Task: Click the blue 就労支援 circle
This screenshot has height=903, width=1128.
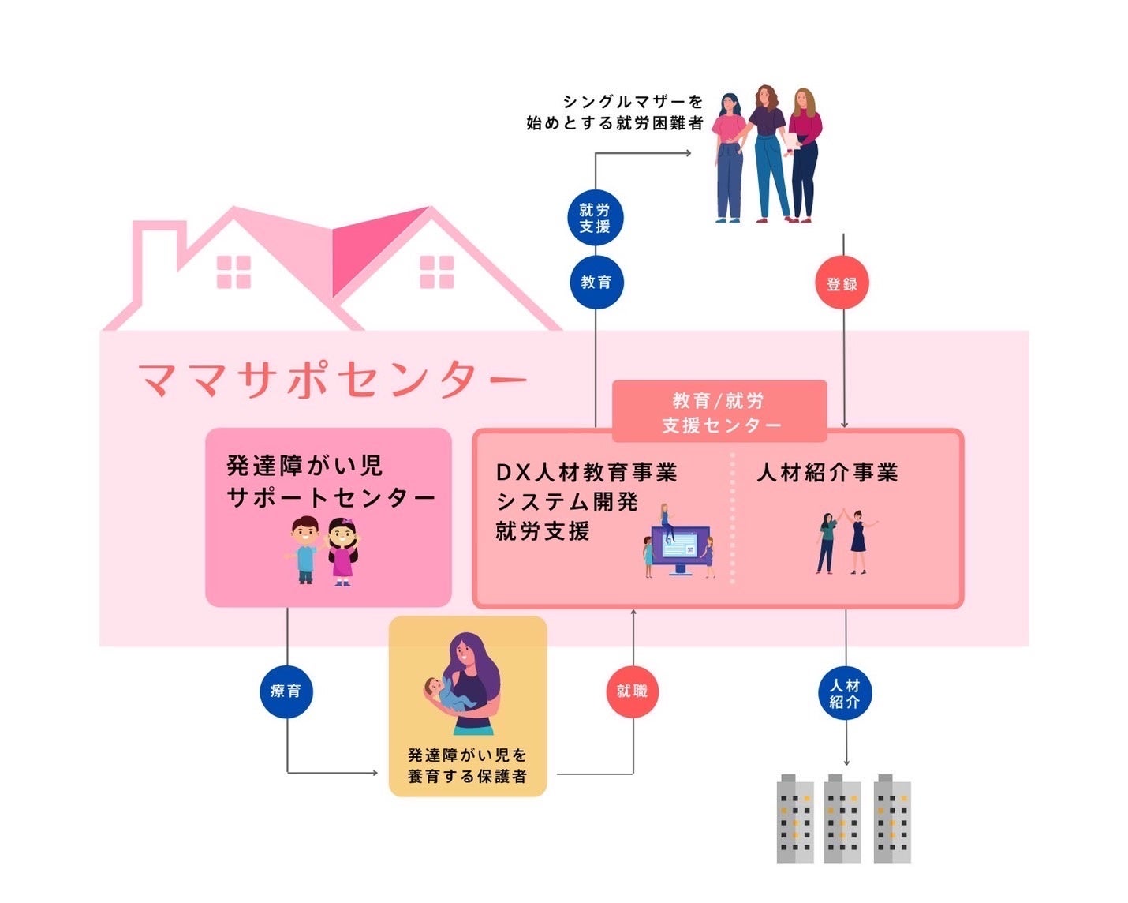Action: pyautogui.click(x=596, y=218)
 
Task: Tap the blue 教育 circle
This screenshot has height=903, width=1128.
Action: pyautogui.click(x=596, y=282)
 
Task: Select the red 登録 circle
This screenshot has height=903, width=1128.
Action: pyautogui.click(x=842, y=283)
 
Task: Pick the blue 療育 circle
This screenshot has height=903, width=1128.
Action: pyautogui.click(x=286, y=691)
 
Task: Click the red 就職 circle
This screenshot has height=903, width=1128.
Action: pyautogui.click(x=632, y=691)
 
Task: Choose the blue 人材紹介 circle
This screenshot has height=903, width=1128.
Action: pyautogui.click(x=845, y=693)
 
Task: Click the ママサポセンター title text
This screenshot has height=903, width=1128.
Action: pyautogui.click(x=331, y=380)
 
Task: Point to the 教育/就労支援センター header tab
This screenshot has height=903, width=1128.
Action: pyautogui.click(x=719, y=412)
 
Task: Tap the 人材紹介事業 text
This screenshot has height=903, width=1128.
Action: pyautogui.click(x=827, y=473)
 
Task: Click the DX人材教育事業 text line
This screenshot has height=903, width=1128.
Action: pyautogui.click(x=586, y=473)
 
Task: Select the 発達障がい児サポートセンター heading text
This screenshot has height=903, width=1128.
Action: pyautogui.click(x=330, y=481)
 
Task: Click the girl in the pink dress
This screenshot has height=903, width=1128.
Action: pyautogui.click(x=342, y=551)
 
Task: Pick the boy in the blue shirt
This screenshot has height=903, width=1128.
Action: pyautogui.click(x=304, y=550)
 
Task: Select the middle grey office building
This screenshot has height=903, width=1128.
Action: pyautogui.click(x=843, y=819)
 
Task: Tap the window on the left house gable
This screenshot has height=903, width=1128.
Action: pyautogui.click(x=233, y=272)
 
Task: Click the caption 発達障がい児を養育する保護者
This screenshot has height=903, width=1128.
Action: pyautogui.click(x=467, y=766)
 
